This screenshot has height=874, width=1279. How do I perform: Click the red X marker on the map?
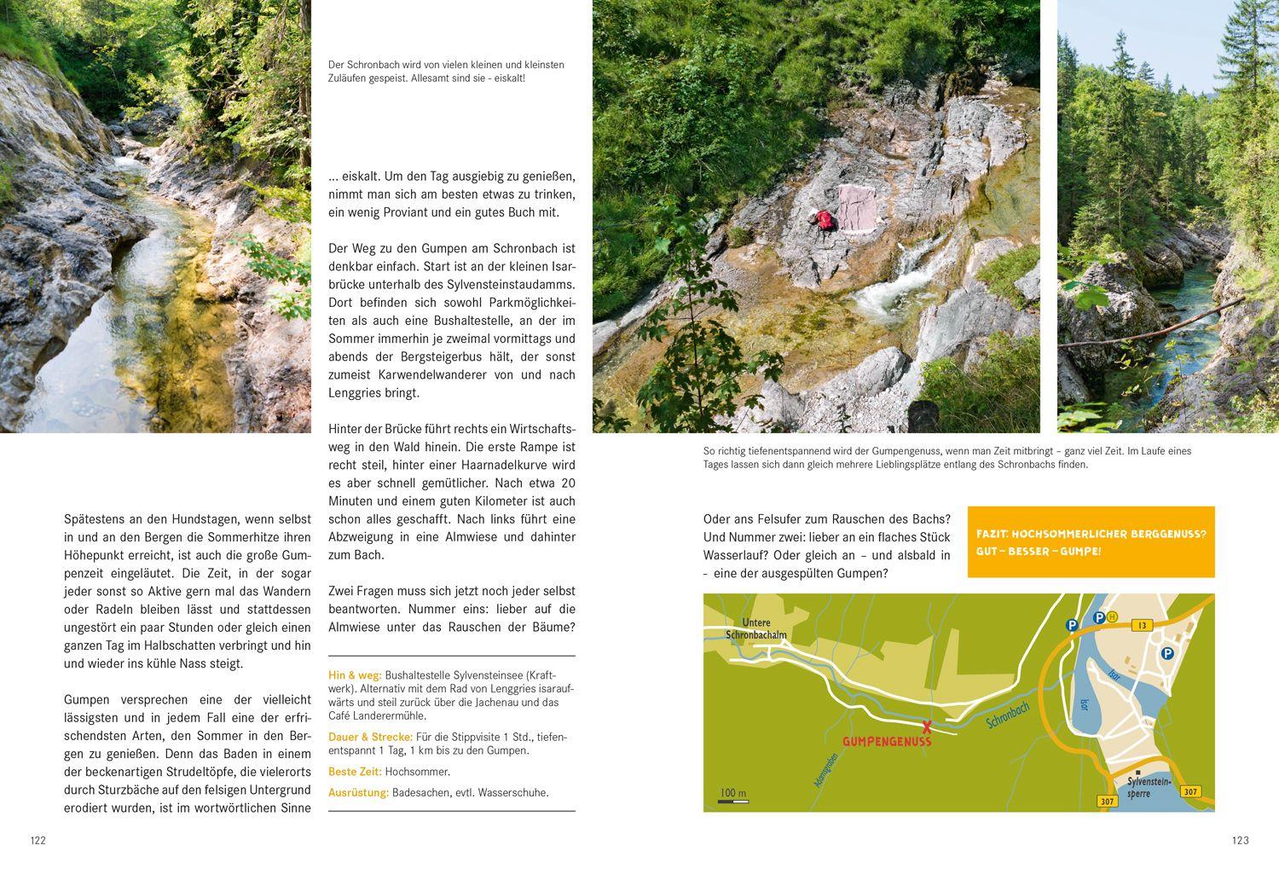pos(927,726)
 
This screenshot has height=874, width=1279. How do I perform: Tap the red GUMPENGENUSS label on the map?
pos(887,742)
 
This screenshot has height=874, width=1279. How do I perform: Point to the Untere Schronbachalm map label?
pos(756,629)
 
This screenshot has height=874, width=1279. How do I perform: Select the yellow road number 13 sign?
pos(1143,625)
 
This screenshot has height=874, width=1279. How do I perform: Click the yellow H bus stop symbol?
pos(1113,616)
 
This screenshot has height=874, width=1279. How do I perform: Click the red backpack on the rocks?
pos(825,220)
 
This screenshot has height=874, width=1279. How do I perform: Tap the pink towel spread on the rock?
pos(856,207)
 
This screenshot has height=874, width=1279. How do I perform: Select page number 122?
pos(38,841)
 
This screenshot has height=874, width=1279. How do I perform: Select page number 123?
pos(1240,841)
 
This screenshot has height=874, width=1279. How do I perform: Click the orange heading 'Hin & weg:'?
pos(355,675)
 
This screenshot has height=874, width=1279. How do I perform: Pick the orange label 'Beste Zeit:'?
pos(355,772)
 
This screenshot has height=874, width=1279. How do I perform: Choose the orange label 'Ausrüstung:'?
pos(358,792)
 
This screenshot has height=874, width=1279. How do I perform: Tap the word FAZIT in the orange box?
pos(994,534)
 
